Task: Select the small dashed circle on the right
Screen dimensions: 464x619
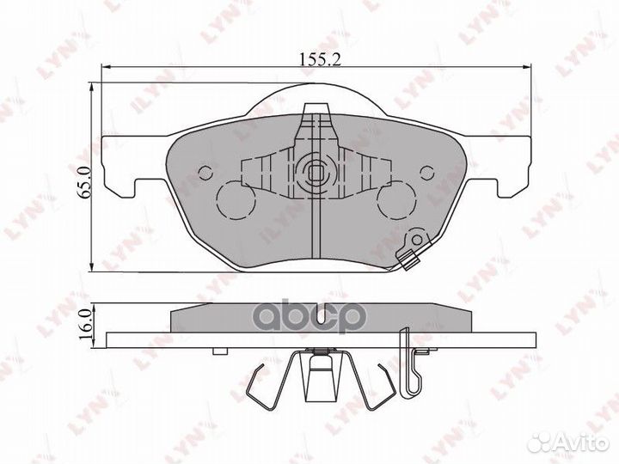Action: [426, 172]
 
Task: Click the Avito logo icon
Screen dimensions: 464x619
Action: [544, 443]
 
